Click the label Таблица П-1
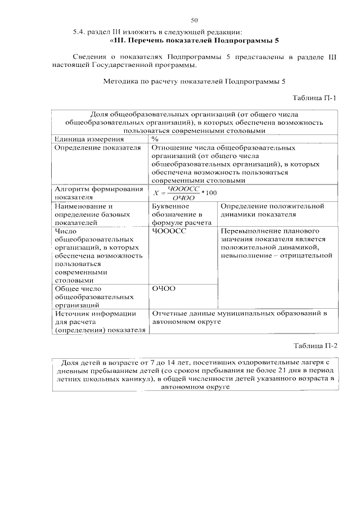[x=316, y=98]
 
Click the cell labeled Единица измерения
[x=88, y=138]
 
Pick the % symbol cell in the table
[x=155, y=138]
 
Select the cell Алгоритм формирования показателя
[x=98, y=193]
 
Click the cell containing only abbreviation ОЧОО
[x=164, y=288]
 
